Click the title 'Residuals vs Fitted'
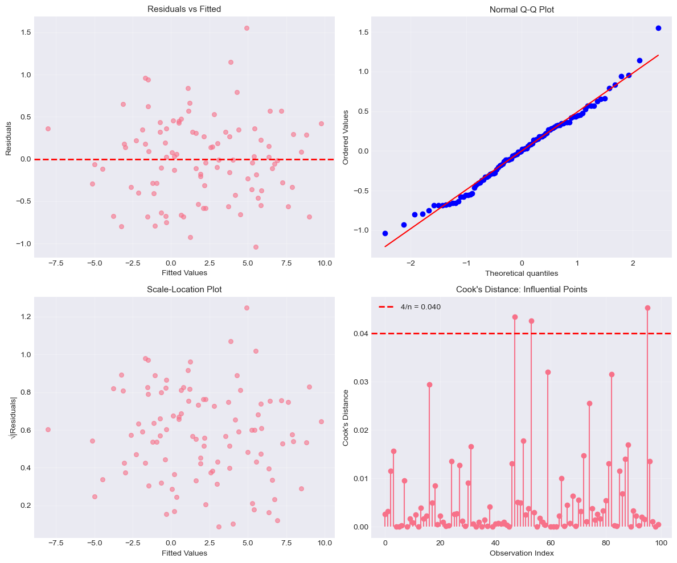click(184, 9)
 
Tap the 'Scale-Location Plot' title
click(184, 289)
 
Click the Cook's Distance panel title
click(522, 289)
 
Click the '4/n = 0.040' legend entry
click(421, 307)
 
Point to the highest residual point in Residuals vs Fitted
click(247, 28)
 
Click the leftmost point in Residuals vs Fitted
click(48, 129)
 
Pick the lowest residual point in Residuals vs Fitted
click(256, 247)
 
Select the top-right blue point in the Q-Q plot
click(658, 28)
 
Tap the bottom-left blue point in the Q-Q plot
click(385, 233)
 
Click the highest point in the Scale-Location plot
click(247, 308)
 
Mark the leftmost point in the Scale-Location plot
click(48, 429)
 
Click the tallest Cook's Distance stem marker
click(647, 308)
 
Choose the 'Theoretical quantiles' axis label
click(522, 274)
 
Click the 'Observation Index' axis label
click(522, 553)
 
